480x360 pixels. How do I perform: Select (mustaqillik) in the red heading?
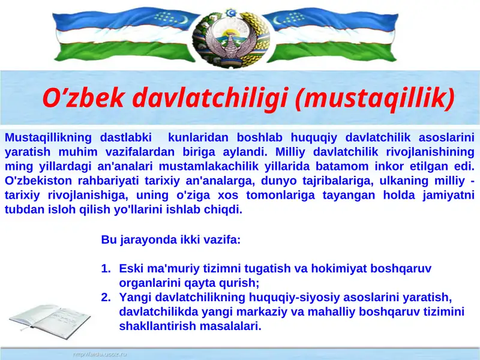[x=375, y=98]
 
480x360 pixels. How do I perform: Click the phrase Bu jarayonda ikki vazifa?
[x=171, y=240]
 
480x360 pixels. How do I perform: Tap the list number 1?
[x=106, y=269]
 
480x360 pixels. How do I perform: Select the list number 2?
[x=106, y=298]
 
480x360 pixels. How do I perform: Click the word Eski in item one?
[x=130, y=269]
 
